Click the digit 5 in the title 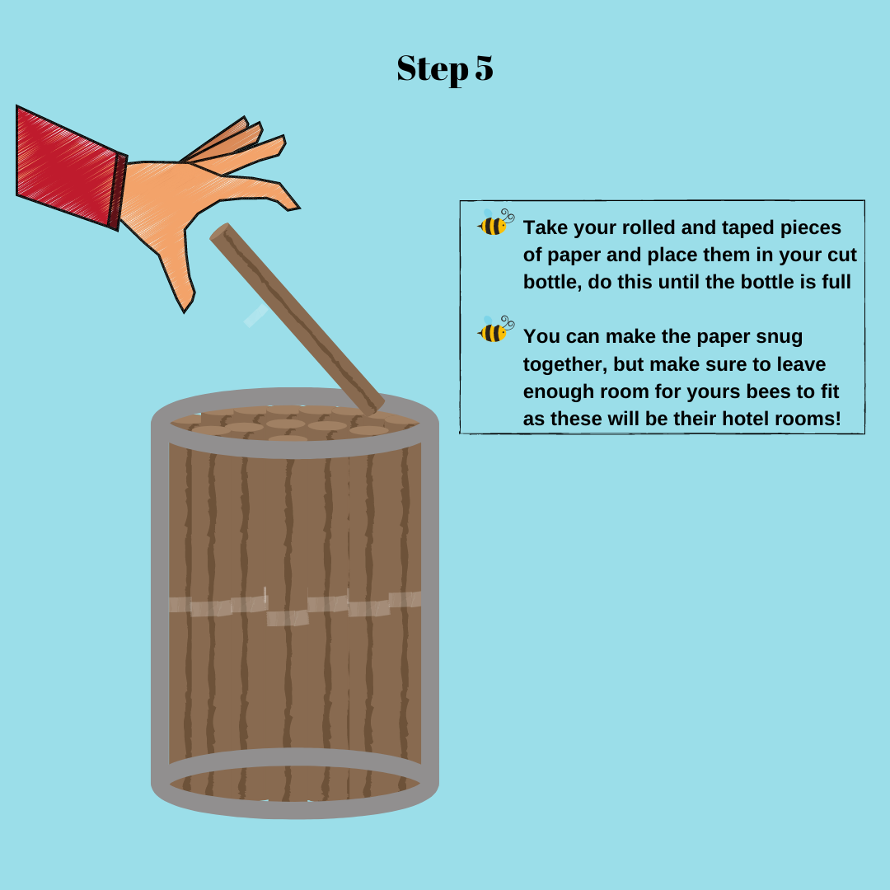pyautogui.click(x=484, y=68)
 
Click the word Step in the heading pyautogui.click(x=433, y=70)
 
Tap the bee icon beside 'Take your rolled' pyautogui.click(x=495, y=222)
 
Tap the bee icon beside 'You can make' pyautogui.click(x=495, y=329)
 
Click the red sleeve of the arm pyautogui.click(x=67, y=165)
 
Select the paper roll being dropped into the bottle pyautogui.click(x=297, y=319)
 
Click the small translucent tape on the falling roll pyautogui.click(x=256, y=315)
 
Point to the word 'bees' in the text pyautogui.click(x=772, y=391)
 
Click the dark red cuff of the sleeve pyautogui.click(x=118, y=190)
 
